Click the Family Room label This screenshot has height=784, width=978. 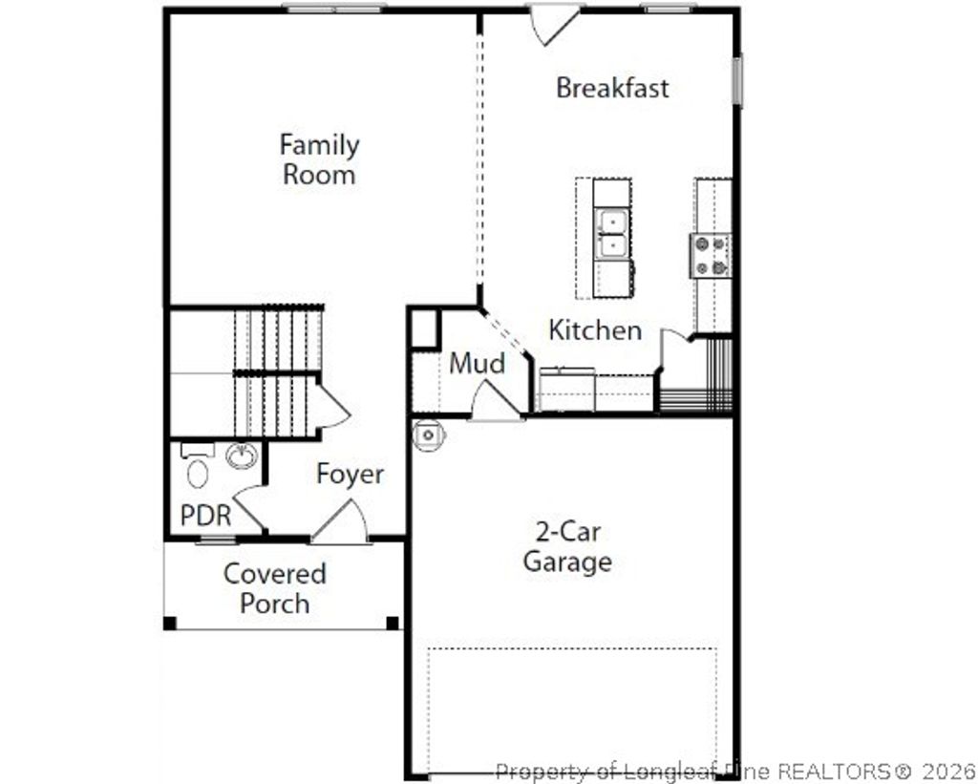tap(319, 159)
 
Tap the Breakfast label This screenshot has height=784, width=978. tap(612, 88)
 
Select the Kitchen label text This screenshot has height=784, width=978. tap(595, 330)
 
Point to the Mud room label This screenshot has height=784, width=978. tap(477, 364)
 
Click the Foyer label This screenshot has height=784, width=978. tap(351, 475)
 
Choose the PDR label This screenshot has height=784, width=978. tap(205, 516)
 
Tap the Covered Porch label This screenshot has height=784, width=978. tap(275, 588)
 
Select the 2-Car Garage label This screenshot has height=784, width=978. tap(567, 546)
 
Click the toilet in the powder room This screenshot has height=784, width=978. tap(198, 473)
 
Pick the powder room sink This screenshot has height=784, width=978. tap(243, 456)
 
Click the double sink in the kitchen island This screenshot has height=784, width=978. tap(611, 234)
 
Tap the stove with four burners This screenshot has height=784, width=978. tap(711, 255)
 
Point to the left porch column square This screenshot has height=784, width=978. tap(170, 624)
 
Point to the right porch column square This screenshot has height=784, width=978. tap(393, 624)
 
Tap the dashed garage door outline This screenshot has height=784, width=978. tap(571, 650)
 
